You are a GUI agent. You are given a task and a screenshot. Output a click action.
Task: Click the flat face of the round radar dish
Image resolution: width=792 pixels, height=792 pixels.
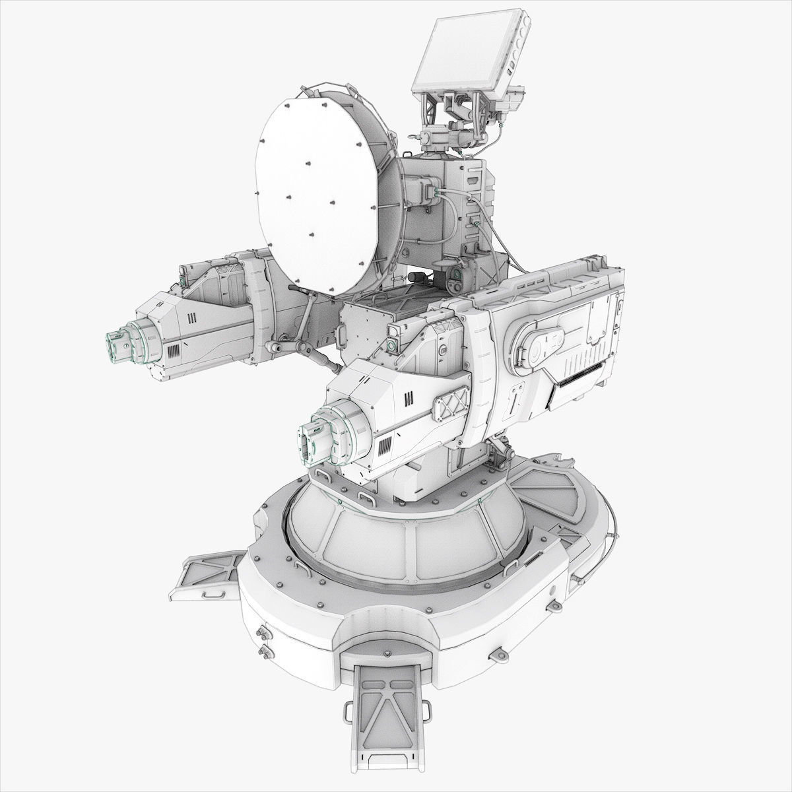point(317,191)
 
